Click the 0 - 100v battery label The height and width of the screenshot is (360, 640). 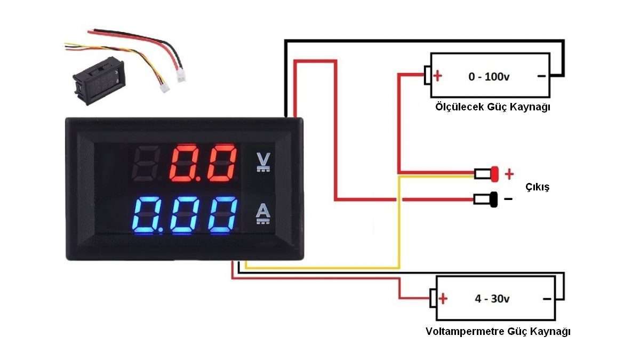point(489,77)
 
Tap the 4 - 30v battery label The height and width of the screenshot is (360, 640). point(492,299)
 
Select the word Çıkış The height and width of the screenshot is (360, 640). point(538,187)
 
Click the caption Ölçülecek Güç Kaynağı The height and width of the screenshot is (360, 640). point(493,107)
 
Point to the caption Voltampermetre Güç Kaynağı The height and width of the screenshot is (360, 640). point(498,331)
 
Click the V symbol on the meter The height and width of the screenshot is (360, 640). point(263,162)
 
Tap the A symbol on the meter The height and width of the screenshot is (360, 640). point(263,213)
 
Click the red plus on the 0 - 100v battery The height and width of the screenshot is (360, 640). point(437,76)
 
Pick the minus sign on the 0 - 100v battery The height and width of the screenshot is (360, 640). point(541,76)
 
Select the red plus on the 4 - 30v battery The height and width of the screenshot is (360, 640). point(443,299)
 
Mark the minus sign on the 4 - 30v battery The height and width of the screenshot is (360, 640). point(547,299)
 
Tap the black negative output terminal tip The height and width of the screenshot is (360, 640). point(494,199)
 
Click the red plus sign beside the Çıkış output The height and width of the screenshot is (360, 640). point(509,174)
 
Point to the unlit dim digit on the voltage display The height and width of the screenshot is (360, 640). point(146,163)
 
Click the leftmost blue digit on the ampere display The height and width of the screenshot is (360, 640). point(146,215)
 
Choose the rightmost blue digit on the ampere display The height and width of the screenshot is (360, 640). point(223,215)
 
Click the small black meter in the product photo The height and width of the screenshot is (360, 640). point(99,81)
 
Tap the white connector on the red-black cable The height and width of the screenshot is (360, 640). point(181,76)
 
